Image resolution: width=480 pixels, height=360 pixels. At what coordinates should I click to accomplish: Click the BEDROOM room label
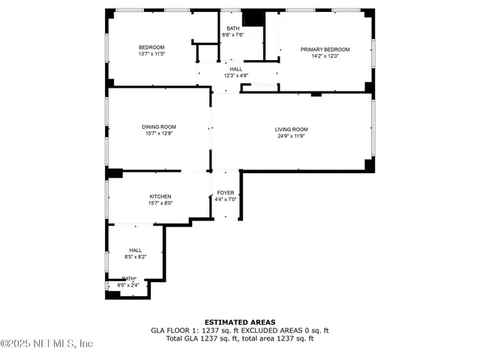(x=151, y=47)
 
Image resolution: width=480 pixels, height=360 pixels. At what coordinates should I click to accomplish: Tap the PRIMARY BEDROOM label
(x=325, y=49)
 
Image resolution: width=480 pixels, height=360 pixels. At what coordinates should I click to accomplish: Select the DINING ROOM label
(x=159, y=127)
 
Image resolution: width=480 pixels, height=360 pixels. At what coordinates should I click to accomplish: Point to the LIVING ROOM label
(x=291, y=130)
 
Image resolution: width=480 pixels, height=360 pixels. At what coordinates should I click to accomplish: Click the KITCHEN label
(x=160, y=196)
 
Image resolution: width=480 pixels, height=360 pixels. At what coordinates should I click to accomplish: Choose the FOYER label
(x=226, y=193)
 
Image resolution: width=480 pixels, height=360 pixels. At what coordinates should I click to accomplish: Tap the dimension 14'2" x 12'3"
(x=325, y=56)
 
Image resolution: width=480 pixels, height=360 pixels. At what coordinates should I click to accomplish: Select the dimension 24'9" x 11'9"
(x=291, y=136)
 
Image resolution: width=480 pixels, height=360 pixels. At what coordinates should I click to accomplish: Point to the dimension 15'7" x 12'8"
(x=159, y=133)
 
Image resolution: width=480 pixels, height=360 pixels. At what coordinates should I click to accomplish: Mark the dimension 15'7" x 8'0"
(x=160, y=203)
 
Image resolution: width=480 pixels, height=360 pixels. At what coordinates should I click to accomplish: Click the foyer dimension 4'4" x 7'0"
(x=226, y=199)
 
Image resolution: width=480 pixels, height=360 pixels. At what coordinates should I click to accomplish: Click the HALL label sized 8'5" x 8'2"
(x=135, y=250)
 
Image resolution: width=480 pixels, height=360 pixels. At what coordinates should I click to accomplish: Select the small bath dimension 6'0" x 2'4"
(x=129, y=285)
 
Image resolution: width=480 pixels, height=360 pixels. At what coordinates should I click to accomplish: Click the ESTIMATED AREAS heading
(x=240, y=322)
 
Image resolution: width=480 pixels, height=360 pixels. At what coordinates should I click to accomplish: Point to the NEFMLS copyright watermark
(x=46, y=343)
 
